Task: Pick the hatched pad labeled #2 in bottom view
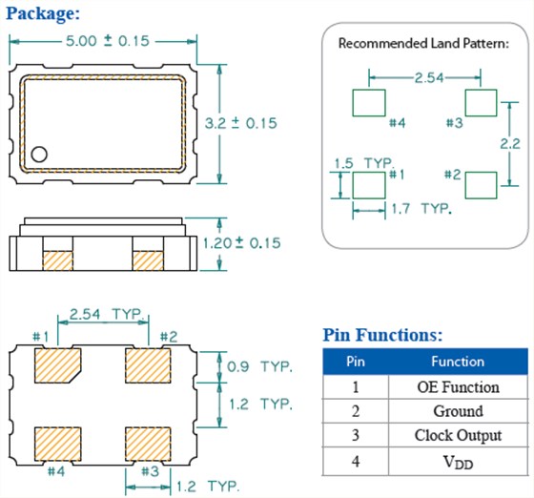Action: click(148, 364)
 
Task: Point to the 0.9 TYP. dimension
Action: click(257, 365)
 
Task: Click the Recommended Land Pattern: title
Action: click(423, 44)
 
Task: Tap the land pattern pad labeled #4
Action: click(369, 101)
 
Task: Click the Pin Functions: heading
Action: click(382, 335)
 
